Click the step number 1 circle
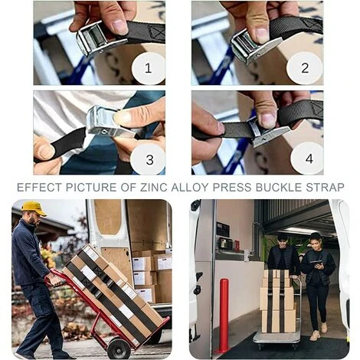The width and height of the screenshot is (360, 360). pos(148,68)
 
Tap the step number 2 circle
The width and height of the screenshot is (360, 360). pos(305,68)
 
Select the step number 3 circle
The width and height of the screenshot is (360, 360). pos(149,159)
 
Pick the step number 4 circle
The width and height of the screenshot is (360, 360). pos(308,159)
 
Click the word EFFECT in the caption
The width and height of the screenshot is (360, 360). pos(39,188)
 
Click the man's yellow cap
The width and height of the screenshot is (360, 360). pos(34,208)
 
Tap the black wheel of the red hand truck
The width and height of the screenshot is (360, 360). pos(119,348)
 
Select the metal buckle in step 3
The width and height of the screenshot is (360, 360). pos(107,121)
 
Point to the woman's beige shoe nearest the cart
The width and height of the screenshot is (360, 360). pos(314,335)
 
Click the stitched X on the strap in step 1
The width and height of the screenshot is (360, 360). pos(156,33)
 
